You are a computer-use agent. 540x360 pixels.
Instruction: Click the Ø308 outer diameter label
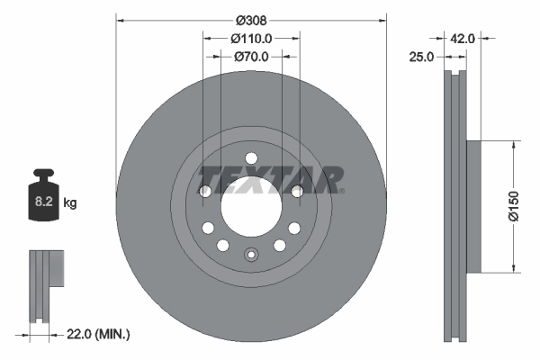pos(251,19)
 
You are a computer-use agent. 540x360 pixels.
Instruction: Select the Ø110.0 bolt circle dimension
pos(251,38)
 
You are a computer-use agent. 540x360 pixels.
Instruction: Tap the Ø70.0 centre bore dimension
pos(251,56)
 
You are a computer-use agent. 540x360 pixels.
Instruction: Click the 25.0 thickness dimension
pos(422,56)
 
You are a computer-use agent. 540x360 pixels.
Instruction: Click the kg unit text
pos(70,204)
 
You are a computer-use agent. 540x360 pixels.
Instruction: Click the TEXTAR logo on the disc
pos(270,178)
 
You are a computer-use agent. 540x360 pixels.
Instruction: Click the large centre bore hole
pos(251,204)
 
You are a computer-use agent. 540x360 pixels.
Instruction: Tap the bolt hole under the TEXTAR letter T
pos(204,192)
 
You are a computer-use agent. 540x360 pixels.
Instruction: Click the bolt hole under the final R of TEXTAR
pos(298,190)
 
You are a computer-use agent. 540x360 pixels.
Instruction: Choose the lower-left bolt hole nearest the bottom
pos(222,246)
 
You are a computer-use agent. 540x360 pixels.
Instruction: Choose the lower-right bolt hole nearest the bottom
pos(280,246)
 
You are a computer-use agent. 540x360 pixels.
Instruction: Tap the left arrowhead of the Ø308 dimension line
pos(120,19)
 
